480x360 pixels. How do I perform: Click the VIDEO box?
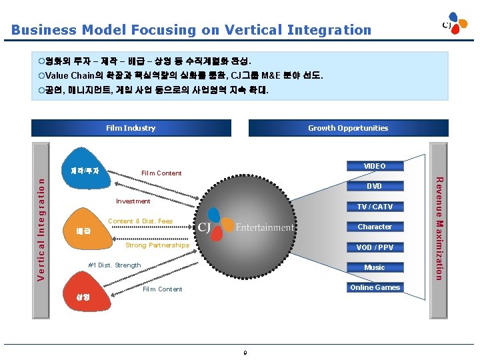tap(374, 166)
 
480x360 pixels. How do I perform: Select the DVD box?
tap(374, 186)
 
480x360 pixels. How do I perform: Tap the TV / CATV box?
tap(374, 207)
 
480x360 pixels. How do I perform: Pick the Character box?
tap(374, 227)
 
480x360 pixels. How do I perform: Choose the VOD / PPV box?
tap(374, 247)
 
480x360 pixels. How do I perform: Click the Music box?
tap(374, 267)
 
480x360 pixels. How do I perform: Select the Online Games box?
tap(375, 287)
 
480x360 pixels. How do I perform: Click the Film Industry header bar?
tap(131, 128)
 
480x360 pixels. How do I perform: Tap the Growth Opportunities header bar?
tap(347, 128)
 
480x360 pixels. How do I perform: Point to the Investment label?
tap(133, 201)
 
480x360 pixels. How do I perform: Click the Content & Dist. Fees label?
tap(140, 221)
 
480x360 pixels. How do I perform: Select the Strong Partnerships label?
tap(157, 245)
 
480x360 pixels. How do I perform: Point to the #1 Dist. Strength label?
tap(115, 265)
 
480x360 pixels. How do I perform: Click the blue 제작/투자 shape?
tap(85, 171)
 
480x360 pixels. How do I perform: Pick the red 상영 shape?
tap(83, 296)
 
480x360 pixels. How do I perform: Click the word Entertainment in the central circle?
tap(264, 227)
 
